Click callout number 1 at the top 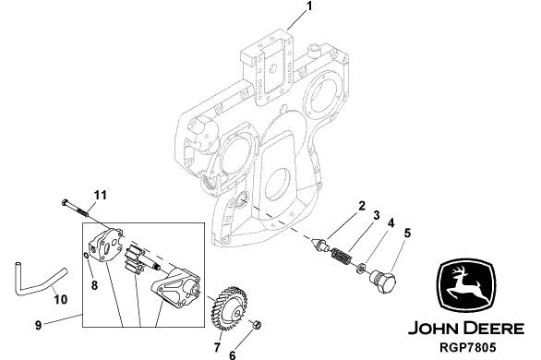[x=309, y=6]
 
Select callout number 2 [x=361, y=206]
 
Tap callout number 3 [x=376, y=215]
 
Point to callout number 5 [x=407, y=234]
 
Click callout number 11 [x=101, y=195]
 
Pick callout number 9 [x=38, y=325]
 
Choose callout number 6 [x=233, y=355]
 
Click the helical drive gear [x=229, y=307]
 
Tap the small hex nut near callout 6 [x=257, y=324]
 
